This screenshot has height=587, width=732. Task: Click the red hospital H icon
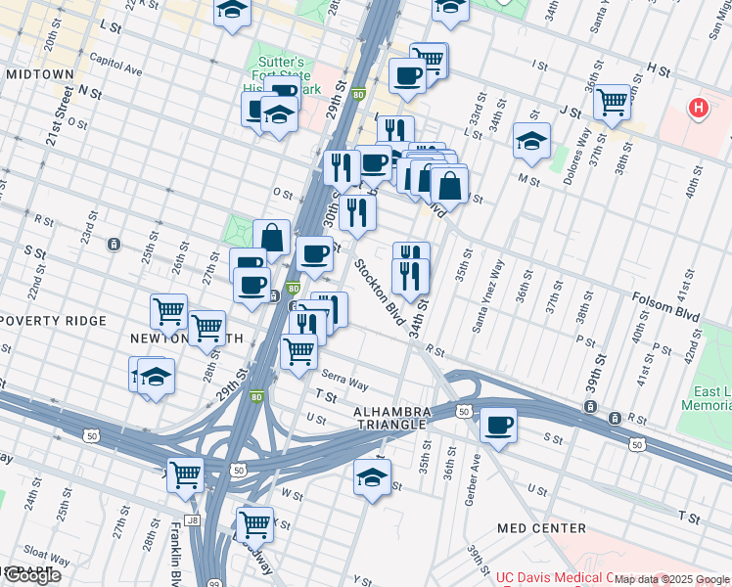pyautogui.click(x=699, y=109)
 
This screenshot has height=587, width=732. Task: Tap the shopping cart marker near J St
pyautogui.click(x=613, y=100)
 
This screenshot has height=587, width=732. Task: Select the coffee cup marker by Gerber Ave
pyautogui.click(x=499, y=426)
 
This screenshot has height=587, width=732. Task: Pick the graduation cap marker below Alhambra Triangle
pyautogui.click(x=372, y=477)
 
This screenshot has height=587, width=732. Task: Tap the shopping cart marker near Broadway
pyautogui.click(x=255, y=523)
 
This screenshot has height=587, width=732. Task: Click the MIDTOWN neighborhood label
pyautogui.click(x=39, y=74)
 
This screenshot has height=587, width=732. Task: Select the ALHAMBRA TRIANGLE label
pyautogui.click(x=390, y=417)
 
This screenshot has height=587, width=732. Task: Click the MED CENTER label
pyautogui.click(x=541, y=528)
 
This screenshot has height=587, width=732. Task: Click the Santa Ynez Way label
pyautogui.click(x=487, y=294)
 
